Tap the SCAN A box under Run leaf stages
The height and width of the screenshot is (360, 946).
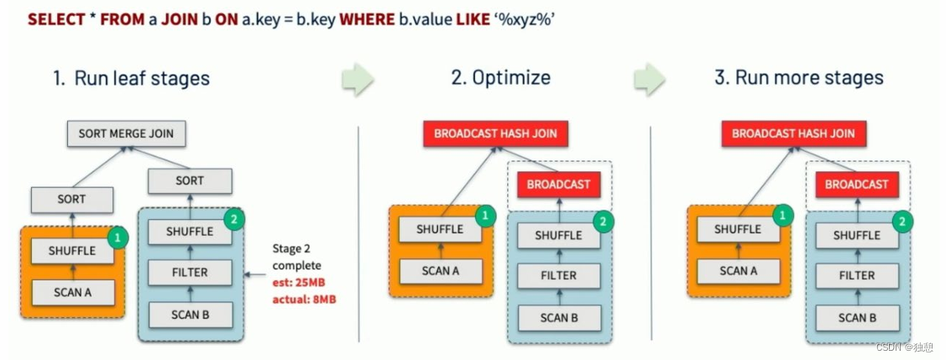pyautogui.click(x=73, y=292)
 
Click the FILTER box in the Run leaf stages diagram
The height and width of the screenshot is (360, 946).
pyautogui.click(x=190, y=273)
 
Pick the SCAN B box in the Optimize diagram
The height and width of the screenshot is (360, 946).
pyautogui.click(x=559, y=318)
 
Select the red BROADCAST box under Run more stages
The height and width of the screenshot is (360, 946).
pyautogui.click(x=857, y=184)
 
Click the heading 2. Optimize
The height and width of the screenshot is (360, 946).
pyautogui.click(x=500, y=79)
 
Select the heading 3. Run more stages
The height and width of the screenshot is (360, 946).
pyautogui.click(x=798, y=79)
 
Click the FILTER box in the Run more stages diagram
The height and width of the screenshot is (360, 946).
pyautogui.click(x=857, y=275)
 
